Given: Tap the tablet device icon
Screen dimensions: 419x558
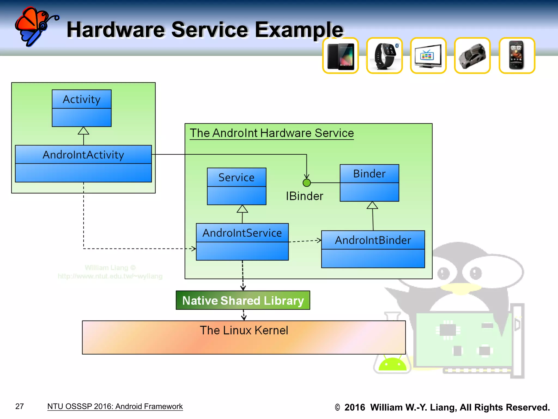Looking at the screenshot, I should click(340, 56).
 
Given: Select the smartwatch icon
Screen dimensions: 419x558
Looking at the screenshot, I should click(384, 56).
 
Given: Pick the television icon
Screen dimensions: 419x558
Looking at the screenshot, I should click(428, 56).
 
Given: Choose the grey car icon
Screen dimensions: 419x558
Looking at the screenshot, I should click(472, 56).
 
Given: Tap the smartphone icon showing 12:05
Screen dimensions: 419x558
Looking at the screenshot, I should click(517, 56).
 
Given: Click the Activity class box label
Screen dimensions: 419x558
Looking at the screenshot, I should click(81, 99).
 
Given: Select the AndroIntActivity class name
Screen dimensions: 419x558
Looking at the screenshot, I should click(83, 155).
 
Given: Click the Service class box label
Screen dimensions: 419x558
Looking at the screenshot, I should click(236, 177).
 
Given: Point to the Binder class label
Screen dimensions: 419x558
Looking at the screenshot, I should click(369, 174).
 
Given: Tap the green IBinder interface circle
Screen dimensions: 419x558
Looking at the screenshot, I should click(307, 183).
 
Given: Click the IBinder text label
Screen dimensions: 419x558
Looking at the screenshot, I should click(304, 196).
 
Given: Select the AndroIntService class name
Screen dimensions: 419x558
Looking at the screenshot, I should click(242, 233).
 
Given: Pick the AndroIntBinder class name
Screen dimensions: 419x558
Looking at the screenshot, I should click(373, 240).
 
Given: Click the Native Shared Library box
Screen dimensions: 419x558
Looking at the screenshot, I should click(243, 300).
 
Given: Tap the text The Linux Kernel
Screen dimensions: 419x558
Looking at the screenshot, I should click(244, 330).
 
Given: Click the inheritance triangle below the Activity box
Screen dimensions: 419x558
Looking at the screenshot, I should click(83, 131).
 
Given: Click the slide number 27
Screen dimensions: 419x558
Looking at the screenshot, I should click(20, 406).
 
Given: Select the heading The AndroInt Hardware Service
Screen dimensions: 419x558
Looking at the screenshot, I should click(272, 133).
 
